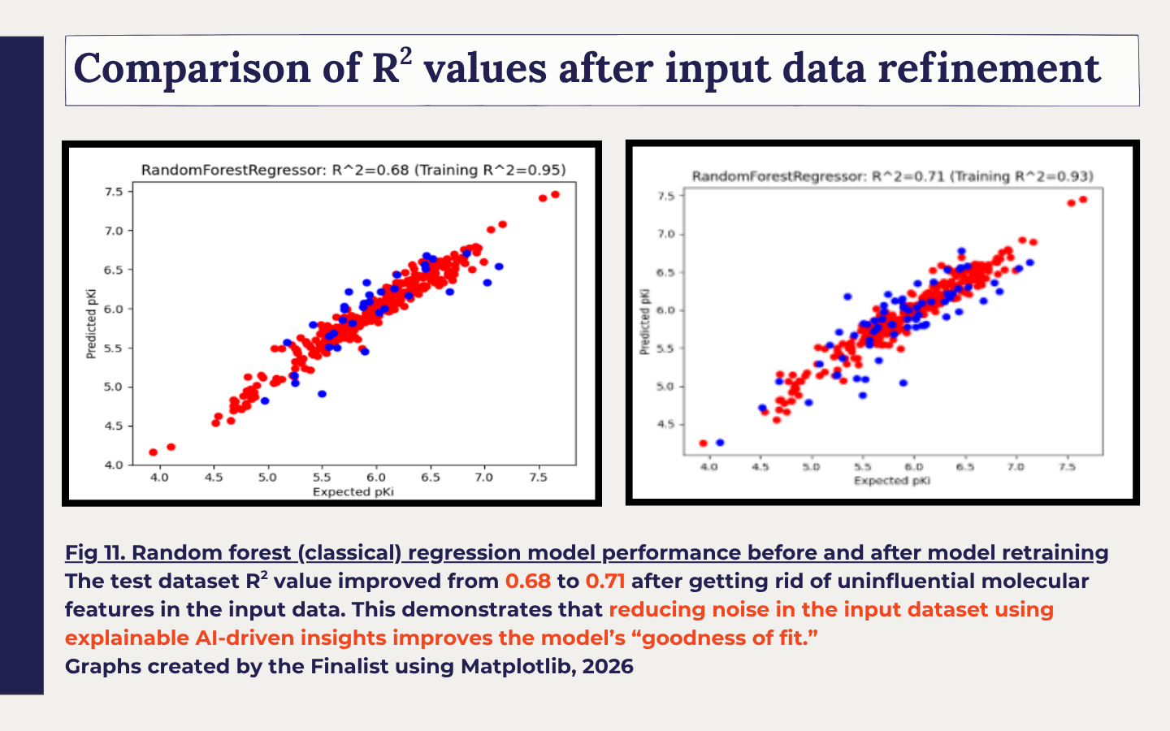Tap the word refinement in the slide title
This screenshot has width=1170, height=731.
point(990,68)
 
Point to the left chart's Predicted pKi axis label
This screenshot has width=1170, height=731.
point(91,324)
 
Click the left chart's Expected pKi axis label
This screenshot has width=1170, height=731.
point(353,492)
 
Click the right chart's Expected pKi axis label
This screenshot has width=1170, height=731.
point(892,480)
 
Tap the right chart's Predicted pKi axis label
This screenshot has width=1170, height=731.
point(645,322)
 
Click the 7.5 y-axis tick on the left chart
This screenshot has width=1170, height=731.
point(114,192)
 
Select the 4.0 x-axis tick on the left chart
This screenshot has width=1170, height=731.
point(159,478)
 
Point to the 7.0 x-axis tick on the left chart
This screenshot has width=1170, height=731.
point(483,478)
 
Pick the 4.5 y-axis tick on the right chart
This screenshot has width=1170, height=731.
point(666,425)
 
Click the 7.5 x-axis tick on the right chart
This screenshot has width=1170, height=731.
point(1067,466)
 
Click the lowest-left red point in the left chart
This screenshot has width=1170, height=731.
point(153,452)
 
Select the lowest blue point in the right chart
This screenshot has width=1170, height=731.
point(720,442)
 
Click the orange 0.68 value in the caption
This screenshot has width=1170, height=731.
point(527,582)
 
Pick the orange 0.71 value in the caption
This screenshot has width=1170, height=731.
point(604,582)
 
